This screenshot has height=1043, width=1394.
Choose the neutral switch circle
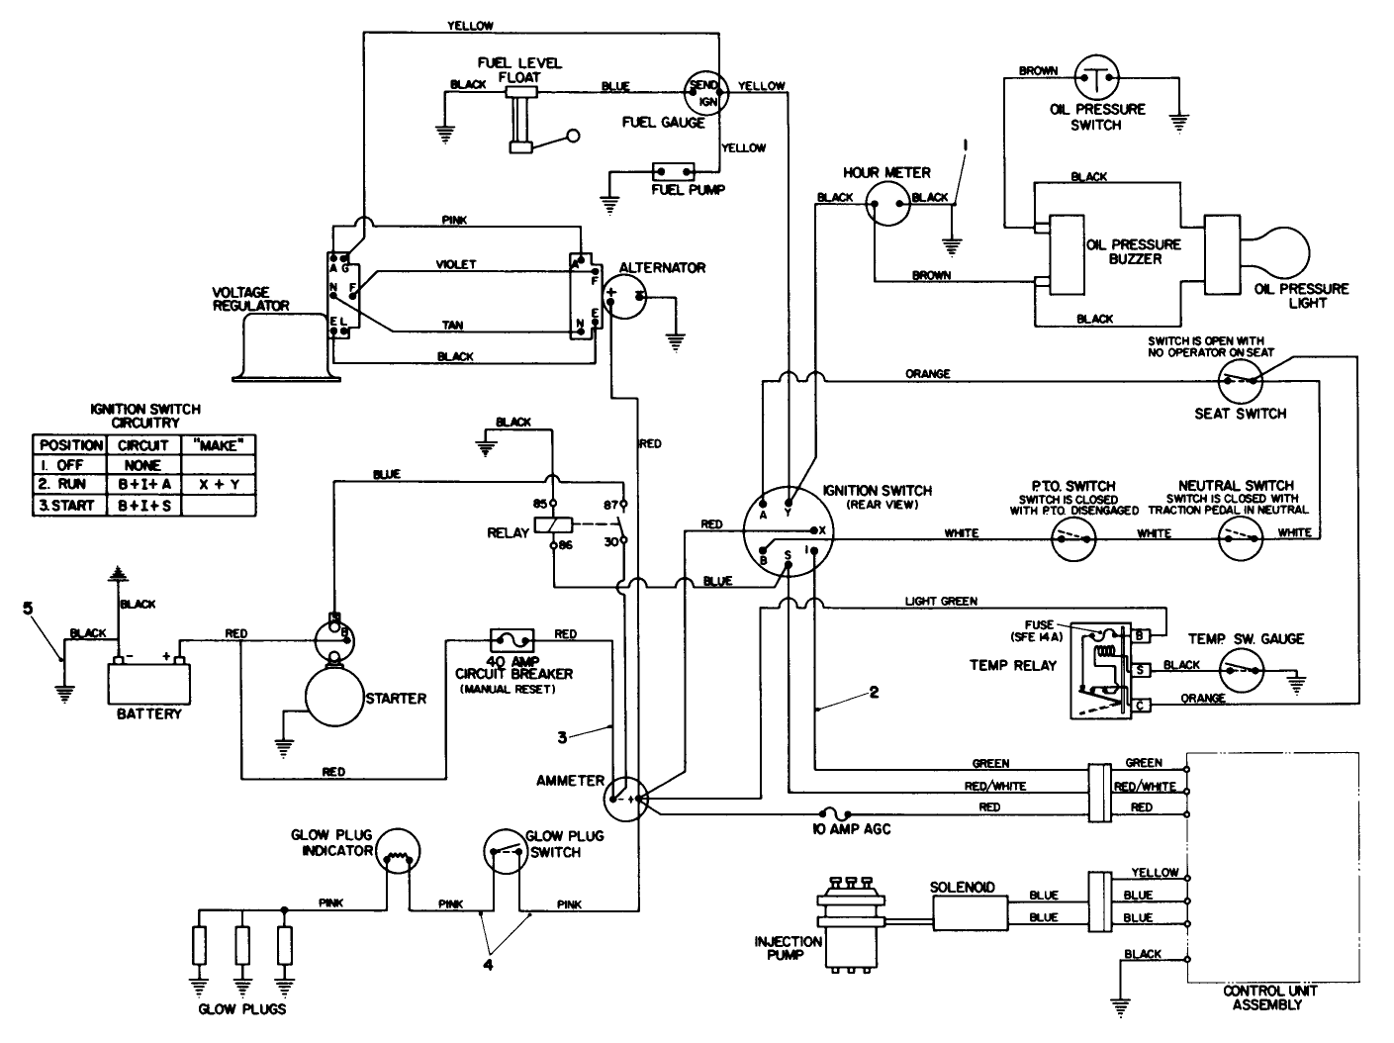pos(1240,537)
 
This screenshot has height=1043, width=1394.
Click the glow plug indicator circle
pos(399,853)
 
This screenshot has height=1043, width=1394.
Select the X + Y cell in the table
pos(220,485)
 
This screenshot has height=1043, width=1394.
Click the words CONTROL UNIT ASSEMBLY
pos(1269,997)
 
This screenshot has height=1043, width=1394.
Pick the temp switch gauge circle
pos(1242,670)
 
